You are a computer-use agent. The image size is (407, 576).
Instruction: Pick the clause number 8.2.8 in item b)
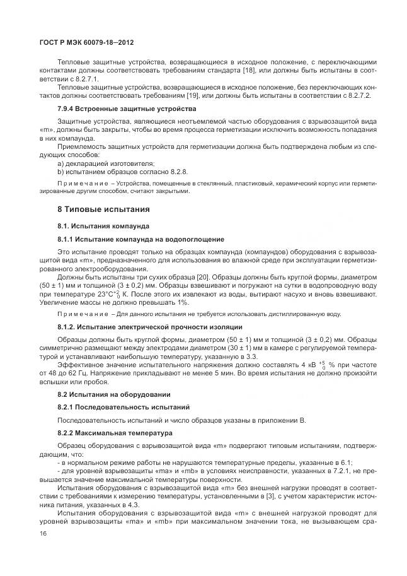pyautogui.click(x=178, y=171)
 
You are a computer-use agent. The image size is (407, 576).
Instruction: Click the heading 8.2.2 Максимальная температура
pyautogui.click(x=115, y=434)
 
